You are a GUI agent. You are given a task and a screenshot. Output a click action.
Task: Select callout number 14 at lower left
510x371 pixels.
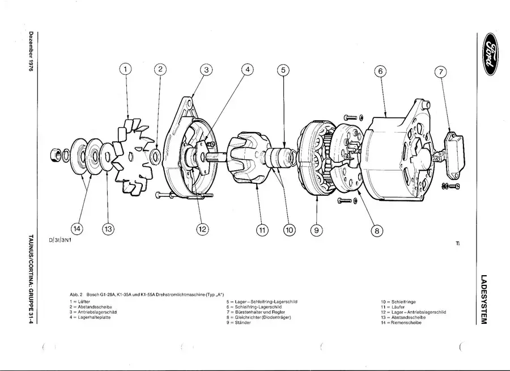(76, 229)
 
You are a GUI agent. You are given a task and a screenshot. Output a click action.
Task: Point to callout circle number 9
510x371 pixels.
(316, 230)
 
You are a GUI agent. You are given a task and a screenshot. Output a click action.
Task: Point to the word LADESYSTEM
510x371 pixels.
(483, 300)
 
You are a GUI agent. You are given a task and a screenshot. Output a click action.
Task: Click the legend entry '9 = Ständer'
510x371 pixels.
(239, 322)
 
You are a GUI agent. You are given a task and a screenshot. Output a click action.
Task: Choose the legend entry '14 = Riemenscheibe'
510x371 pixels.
(405, 322)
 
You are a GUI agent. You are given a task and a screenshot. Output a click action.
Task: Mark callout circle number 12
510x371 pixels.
(202, 229)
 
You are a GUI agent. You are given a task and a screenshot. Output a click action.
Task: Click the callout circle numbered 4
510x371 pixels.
(247, 69)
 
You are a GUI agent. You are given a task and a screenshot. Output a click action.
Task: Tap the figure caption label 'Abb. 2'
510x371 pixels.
(76, 294)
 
